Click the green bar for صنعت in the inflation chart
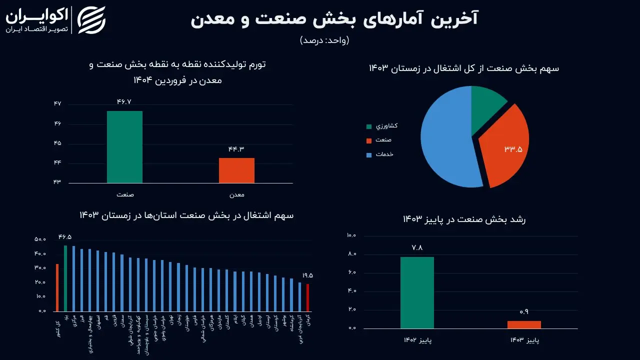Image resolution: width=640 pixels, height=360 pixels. coord(124,147)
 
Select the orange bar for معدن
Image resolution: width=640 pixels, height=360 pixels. coord(236,170)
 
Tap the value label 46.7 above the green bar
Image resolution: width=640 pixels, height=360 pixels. coord(124,102)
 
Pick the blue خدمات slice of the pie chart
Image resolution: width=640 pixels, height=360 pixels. coord(447,140)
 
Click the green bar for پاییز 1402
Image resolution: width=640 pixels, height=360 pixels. coord(417,292)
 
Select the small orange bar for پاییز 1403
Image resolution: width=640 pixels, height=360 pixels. coord(524,324)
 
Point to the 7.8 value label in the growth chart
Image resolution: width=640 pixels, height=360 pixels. coord(417,247)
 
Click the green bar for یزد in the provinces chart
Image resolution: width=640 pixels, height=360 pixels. coord(65,278)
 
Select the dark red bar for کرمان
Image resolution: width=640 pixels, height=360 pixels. coord(307,297)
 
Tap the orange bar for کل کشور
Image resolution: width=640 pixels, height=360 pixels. coord(57,287)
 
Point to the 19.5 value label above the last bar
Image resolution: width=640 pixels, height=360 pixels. coord(307,275)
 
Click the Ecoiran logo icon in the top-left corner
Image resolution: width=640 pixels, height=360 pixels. coord(91,20)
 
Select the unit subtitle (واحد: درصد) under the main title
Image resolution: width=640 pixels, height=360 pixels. coord(324,40)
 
